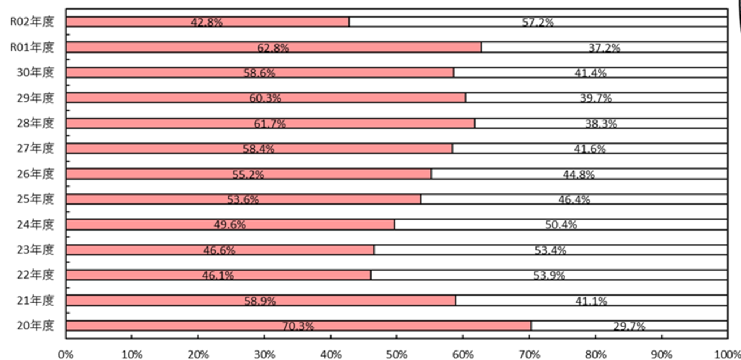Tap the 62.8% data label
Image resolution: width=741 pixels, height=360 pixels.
point(273,48)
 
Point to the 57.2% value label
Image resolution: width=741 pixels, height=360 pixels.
point(538,23)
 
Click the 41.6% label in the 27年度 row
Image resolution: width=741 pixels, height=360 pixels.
point(590,149)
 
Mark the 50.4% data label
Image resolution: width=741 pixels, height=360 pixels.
point(561,225)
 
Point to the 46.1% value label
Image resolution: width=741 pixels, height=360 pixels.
point(218,276)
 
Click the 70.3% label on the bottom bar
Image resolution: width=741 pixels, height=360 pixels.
point(298,326)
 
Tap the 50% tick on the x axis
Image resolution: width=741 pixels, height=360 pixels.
point(396,354)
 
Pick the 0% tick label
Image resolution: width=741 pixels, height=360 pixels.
point(66,354)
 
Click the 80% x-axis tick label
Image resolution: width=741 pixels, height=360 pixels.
point(595,354)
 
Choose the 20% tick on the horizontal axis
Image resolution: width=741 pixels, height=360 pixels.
point(198,354)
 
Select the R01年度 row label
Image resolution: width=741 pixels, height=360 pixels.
point(32,47)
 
